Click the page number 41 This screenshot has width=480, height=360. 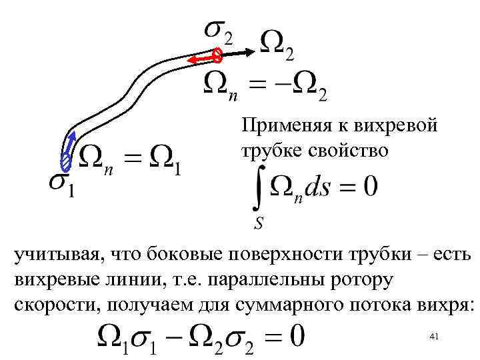pos(434,338)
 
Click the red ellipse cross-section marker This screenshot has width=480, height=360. pos(217,55)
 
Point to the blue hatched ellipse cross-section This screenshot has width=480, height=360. pos(65,162)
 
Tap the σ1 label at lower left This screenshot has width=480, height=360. pos(60,185)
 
